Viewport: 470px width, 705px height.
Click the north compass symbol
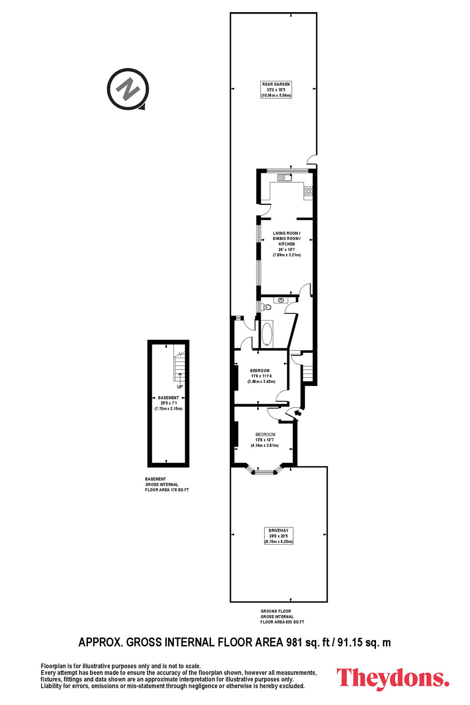(x=128, y=89)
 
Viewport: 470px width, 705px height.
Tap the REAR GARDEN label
(x=276, y=84)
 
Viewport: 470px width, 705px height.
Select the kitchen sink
(x=284, y=178)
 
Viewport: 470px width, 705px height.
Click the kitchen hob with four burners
(x=308, y=191)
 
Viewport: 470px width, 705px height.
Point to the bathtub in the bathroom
(x=267, y=334)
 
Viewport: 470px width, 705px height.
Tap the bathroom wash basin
(x=281, y=300)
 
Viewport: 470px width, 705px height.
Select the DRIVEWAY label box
(x=279, y=536)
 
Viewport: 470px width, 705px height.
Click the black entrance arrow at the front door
(x=297, y=412)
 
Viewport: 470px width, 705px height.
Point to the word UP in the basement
(x=180, y=387)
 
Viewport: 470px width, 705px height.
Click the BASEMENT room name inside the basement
(x=168, y=398)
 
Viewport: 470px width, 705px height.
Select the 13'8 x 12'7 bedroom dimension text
(x=265, y=440)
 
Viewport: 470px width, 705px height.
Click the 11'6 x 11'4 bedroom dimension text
(x=261, y=376)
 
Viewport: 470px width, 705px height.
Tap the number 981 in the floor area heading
(x=294, y=642)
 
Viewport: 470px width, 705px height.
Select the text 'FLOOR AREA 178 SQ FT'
(x=167, y=490)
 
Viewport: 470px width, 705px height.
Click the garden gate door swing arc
(x=312, y=159)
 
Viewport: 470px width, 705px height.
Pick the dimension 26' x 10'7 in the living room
(x=287, y=250)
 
